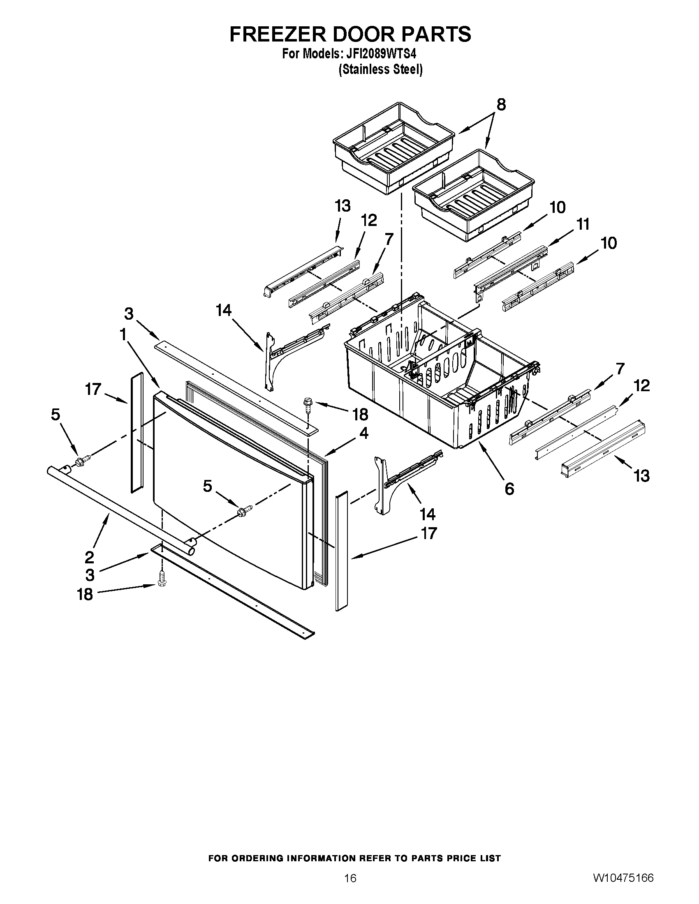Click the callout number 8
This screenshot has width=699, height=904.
(501, 105)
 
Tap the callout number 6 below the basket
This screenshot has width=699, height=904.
(509, 489)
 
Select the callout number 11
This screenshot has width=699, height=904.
(583, 225)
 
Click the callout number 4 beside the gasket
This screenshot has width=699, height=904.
(363, 434)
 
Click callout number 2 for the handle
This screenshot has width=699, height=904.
(89, 557)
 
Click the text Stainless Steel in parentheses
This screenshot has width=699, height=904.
(380, 69)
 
